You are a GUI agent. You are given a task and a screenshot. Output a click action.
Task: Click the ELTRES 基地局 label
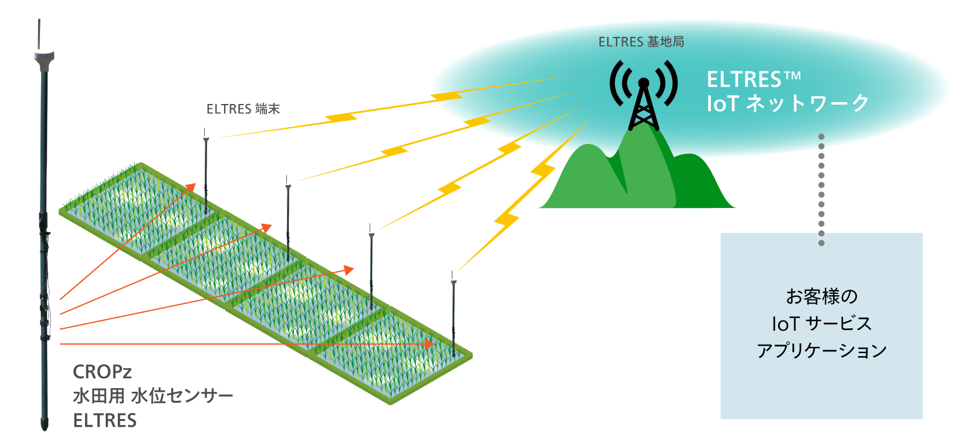(641, 42)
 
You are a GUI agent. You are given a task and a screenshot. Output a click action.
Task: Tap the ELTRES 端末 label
(243, 109)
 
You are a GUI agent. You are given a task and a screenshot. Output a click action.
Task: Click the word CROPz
(102, 371)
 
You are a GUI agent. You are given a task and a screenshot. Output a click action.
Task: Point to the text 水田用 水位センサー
(153, 396)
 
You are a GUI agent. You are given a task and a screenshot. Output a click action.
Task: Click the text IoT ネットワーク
(788, 103)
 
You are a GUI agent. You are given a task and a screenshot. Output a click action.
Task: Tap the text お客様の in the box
(821, 296)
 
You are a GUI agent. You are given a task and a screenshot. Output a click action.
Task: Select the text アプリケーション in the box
(821, 350)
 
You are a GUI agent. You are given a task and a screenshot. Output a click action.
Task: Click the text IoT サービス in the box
(821, 323)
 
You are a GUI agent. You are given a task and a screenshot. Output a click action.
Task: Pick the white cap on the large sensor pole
(44, 57)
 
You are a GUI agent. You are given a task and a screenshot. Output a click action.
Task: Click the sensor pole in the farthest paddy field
(206, 175)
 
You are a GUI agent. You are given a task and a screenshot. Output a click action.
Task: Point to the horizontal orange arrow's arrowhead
(429, 344)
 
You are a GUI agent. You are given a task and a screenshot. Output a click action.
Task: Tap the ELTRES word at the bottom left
(104, 420)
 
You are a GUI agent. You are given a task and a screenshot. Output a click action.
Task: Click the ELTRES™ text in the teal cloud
(753, 79)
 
